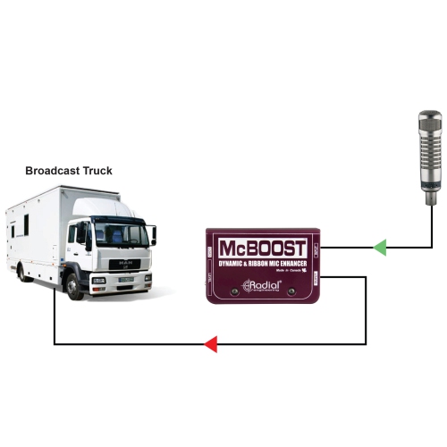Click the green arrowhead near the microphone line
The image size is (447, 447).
click(379, 246)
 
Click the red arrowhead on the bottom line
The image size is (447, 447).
click(210, 343)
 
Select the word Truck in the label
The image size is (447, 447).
click(97, 171)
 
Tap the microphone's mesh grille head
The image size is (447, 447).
click(431, 134)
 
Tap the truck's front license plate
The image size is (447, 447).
click(124, 279)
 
